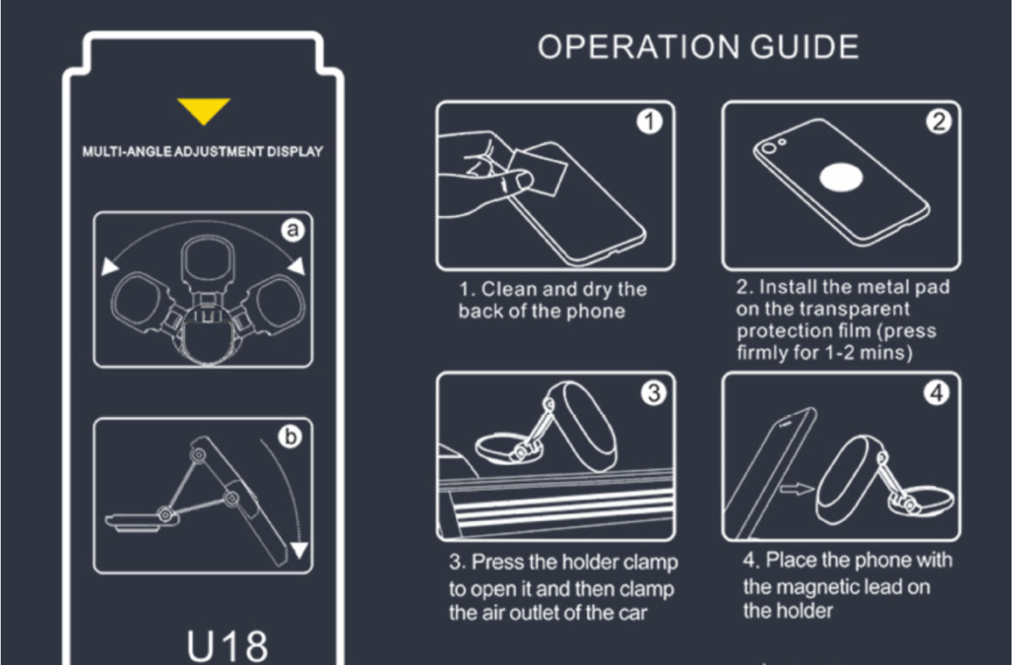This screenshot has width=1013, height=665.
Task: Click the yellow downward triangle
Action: [204, 110]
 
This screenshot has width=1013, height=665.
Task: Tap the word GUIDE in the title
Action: [804, 47]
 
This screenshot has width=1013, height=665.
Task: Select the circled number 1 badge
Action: [650, 121]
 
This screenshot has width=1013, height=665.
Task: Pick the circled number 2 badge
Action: [938, 121]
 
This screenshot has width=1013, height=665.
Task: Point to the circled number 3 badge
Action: [654, 393]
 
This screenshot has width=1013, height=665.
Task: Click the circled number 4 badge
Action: [936, 393]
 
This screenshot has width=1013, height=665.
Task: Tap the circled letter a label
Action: [292, 229]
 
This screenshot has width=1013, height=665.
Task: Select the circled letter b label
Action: [290, 436]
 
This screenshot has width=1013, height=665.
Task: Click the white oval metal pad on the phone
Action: [841, 178]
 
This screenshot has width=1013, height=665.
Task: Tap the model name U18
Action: [227, 645]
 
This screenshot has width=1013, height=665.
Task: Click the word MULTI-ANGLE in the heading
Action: [126, 151]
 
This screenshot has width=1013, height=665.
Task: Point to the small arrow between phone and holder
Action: [797, 489]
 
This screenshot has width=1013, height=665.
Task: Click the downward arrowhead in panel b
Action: [300, 550]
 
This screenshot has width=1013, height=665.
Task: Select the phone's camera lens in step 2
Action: [769, 148]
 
